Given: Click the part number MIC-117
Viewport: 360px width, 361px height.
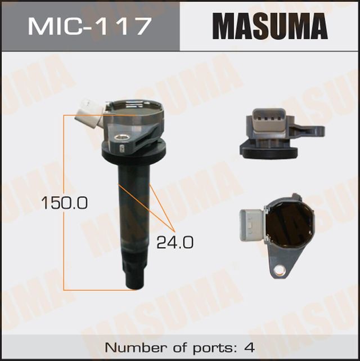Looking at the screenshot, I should click(x=90, y=26).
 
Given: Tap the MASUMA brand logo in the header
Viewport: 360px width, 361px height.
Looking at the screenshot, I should click(x=269, y=26).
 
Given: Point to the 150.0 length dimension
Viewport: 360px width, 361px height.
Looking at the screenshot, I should click(x=63, y=203).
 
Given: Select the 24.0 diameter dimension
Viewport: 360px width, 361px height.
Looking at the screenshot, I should click(x=174, y=243).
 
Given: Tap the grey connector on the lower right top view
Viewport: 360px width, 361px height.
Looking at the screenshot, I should click(x=250, y=225).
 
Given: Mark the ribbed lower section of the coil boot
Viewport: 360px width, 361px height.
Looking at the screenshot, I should click(x=134, y=265).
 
